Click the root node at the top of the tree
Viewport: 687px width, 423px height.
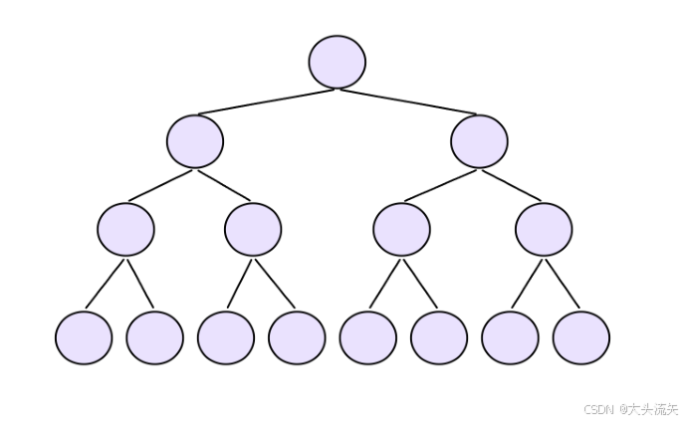click(338, 62)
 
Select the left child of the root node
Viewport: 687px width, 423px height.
click(195, 141)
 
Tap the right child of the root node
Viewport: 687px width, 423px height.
click(479, 141)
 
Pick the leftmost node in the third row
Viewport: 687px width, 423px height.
click(125, 229)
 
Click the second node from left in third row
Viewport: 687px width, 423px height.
click(253, 229)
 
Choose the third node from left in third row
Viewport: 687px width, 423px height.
click(401, 229)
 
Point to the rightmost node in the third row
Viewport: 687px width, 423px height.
click(544, 229)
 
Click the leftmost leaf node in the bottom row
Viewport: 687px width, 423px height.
click(84, 337)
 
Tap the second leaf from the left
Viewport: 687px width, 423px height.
click(154, 337)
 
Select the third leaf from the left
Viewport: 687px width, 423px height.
click(226, 337)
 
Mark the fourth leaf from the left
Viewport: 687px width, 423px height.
click(297, 337)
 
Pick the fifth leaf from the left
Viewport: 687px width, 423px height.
click(367, 337)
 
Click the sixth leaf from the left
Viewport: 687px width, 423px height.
click(439, 337)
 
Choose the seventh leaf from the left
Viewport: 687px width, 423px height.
click(510, 337)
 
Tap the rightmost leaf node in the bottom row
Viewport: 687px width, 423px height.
click(580, 337)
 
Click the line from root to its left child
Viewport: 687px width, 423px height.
click(267, 102)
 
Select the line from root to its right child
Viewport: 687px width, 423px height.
click(408, 102)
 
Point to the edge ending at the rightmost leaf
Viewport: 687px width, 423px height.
click(563, 284)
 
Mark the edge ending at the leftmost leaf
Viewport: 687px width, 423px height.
click(105, 284)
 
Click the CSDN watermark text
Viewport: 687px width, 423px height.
click(630, 409)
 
